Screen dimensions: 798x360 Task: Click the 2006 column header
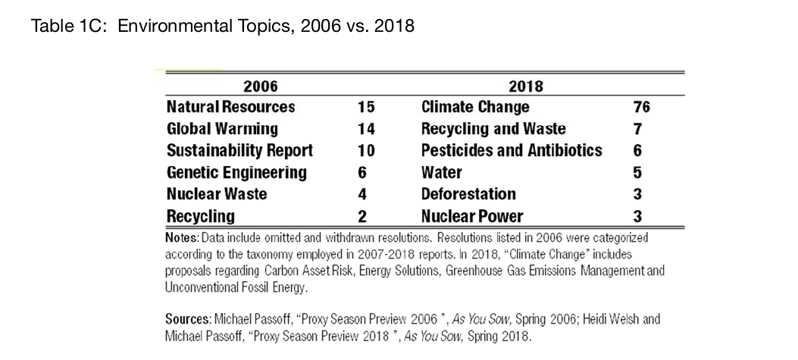click(x=261, y=86)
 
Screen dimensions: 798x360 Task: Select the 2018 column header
click(x=526, y=86)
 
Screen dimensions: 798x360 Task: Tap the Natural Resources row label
click(x=231, y=107)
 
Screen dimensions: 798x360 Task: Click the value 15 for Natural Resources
click(x=365, y=108)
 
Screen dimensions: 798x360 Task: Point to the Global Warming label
click(x=222, y=129)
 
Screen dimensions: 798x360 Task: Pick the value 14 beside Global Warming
click(x=365, y=130)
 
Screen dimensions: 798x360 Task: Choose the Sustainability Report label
click(x=239, y=151)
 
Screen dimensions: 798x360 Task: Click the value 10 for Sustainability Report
click(x=365, y=152)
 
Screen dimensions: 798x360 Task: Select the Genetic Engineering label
click(x=236, y=173)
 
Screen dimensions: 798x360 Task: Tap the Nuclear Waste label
click(x=217, y=194)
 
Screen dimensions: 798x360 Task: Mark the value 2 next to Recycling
click(x=361, y=217)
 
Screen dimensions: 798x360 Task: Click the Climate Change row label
click(x=475, y=107)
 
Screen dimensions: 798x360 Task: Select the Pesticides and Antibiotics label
click(x=512, y=151)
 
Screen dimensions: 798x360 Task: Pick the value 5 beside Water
click(x=637, y=173)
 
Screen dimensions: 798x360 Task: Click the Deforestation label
click(x=469, y=194)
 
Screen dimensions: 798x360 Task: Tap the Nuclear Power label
click(x=472, y=217)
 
